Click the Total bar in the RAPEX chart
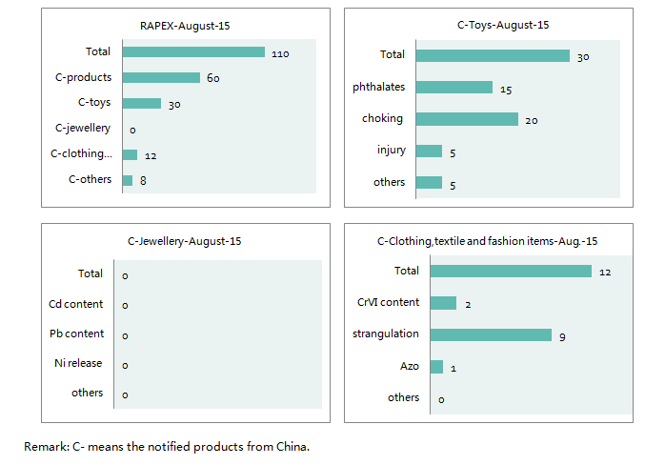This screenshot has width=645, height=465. pyautogui.click(x=192, y=51)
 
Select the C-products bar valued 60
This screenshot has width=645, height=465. pyautogui.click(x=160, y=77)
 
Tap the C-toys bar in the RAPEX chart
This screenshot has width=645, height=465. pyautogui.click(x=141, y=103)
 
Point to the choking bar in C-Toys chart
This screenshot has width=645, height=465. pyautogui.click(x=466, y=119)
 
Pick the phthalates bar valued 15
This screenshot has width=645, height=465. pyautogui.click(x=454, y=88)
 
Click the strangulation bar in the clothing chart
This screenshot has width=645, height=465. pyautogui.click(x=491, y=334)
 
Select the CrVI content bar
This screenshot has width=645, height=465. pyautogui.click(x=443, y=303)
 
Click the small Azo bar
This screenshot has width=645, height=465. pyautogui.click(x=436, y=367)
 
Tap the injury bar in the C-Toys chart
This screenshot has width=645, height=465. pyautogui.click(x=429, y=151)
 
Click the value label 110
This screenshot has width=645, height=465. pyautogui.click(x=279, y=53)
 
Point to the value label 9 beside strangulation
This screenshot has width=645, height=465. pyautogui.click(x=563, y=336)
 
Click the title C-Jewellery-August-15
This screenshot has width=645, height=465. pyautogui.click(x=184, y=241)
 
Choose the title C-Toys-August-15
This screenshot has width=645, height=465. pyautogui.click(x=489, y=25)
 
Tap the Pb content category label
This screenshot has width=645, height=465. pyautogui.click(x=76, y=334)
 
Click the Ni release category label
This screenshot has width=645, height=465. pyautogui.click(x=78, y=363)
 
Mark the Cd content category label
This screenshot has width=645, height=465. pyautogui.click(x=76, y=304)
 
